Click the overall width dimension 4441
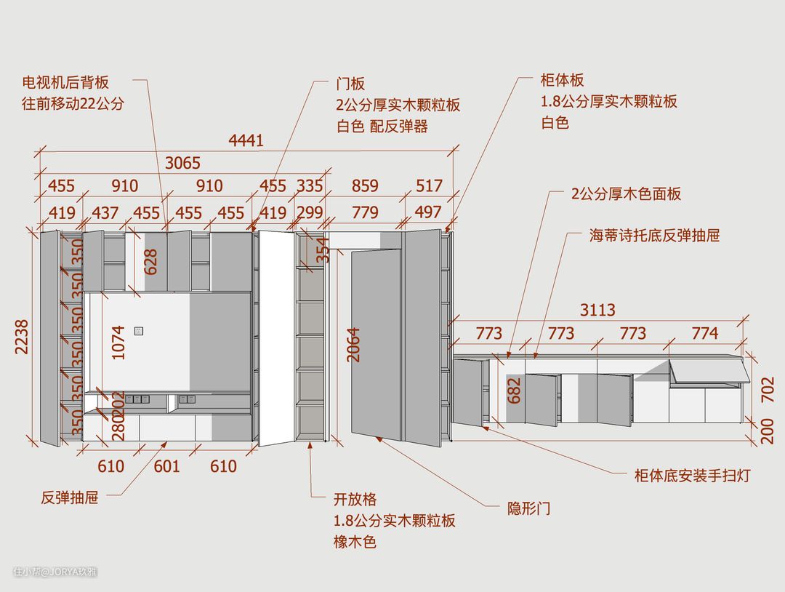(246, 140)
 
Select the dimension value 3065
(182, 163)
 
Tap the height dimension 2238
(22, 337)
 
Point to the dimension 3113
(597, 310)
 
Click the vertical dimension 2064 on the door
(354, 345)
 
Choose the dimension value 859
(365, 185)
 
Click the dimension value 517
(429, 185)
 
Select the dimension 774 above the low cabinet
(704, 333)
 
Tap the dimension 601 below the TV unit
(166, 465)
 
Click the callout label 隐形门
(528, 508)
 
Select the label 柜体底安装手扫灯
(692, 476)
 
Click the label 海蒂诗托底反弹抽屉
(654, 236)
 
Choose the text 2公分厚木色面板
(626, 194)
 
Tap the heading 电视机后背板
(65, 82)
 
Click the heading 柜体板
(563, 80)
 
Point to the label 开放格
(355, 500)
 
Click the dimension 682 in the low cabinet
(514, 391)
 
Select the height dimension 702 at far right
(767, 390)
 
